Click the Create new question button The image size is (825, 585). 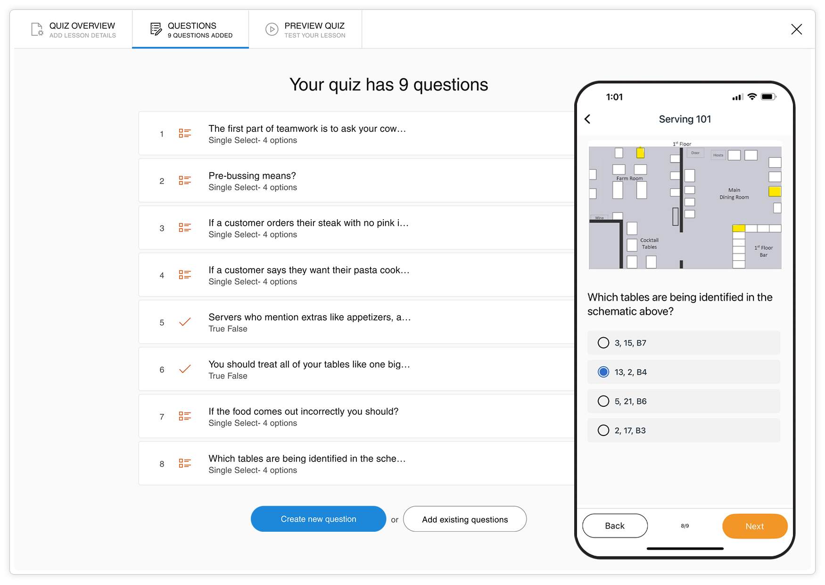[318, 519]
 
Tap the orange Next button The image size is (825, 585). [754, 526]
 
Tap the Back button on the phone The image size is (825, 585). [615, 526]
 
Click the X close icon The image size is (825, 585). [796, 29]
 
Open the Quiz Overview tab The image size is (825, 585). [74, 30]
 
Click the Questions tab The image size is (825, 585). [191, 30]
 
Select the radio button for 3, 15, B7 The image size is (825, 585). [603, 343]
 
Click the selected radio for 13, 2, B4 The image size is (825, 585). [603, 372]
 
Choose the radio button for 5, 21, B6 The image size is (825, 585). [603, 401]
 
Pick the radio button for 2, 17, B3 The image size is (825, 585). [603, 430]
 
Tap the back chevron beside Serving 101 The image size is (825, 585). [587, 119]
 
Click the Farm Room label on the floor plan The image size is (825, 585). [629, 179]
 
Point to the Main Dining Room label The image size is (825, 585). [734, 194]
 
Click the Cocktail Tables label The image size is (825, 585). [649, 243]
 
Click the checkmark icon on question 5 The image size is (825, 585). [185, 322]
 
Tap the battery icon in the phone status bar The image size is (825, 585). [768, 97]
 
